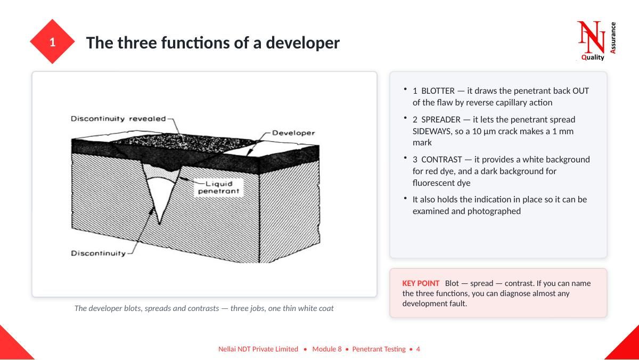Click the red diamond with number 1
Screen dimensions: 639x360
(52, 42)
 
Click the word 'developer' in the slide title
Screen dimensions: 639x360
(302, 43)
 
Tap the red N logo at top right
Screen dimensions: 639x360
(591, 37)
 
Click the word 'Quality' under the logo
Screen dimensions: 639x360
(593, 58)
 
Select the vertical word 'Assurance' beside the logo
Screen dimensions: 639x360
(613, 38)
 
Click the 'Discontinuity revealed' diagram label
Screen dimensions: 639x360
(118, 119)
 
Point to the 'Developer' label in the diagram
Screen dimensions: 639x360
(293, 133)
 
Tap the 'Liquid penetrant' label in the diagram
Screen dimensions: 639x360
(219, 187)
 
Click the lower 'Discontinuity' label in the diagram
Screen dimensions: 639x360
(98, 253)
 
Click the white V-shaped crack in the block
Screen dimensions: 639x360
(160, 197)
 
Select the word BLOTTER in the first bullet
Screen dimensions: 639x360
(438, 91)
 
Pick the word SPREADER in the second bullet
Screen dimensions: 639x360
(441, 119)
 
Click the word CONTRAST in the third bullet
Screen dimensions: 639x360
(441, 159)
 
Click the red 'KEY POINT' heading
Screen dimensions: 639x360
(421, 283)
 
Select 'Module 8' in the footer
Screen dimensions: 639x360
(327, 349)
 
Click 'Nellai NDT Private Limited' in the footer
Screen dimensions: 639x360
(258, 349)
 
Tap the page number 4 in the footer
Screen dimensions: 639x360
(418, 349)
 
